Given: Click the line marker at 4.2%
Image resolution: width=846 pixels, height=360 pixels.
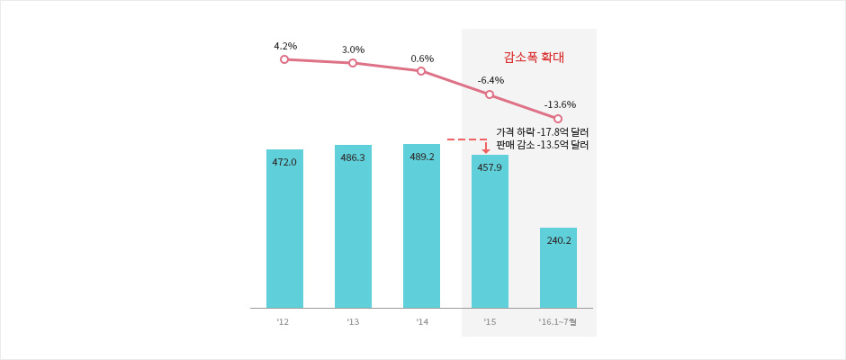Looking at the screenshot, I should (x=284, y=59).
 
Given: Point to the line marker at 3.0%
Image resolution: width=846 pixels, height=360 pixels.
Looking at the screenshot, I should (x=353, y=63).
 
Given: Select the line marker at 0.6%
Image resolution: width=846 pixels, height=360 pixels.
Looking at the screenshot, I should (x=421, y=71).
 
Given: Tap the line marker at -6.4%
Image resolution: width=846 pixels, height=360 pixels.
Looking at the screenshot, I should (x=490, y=94).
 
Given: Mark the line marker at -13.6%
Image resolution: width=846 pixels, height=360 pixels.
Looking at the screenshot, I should (x=558, y=119).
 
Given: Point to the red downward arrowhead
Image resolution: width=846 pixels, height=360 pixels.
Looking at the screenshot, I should (x=486, y=150).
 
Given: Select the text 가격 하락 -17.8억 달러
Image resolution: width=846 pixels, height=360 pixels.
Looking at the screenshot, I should (x=542, y=132).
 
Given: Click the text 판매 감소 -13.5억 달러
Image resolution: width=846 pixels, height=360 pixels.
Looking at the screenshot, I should (x=542, y=145).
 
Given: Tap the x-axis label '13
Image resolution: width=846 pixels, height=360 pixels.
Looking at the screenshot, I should (x=352, y=321).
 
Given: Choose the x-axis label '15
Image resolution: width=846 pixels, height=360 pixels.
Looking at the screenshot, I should (x=489, y=321).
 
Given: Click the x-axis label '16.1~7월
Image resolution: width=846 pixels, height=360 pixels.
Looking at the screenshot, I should (x=557, y=321).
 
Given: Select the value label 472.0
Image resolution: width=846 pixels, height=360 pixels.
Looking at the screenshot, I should (x=284, y=162).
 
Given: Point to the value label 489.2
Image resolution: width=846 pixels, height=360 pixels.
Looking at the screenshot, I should (x=421, y=157).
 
